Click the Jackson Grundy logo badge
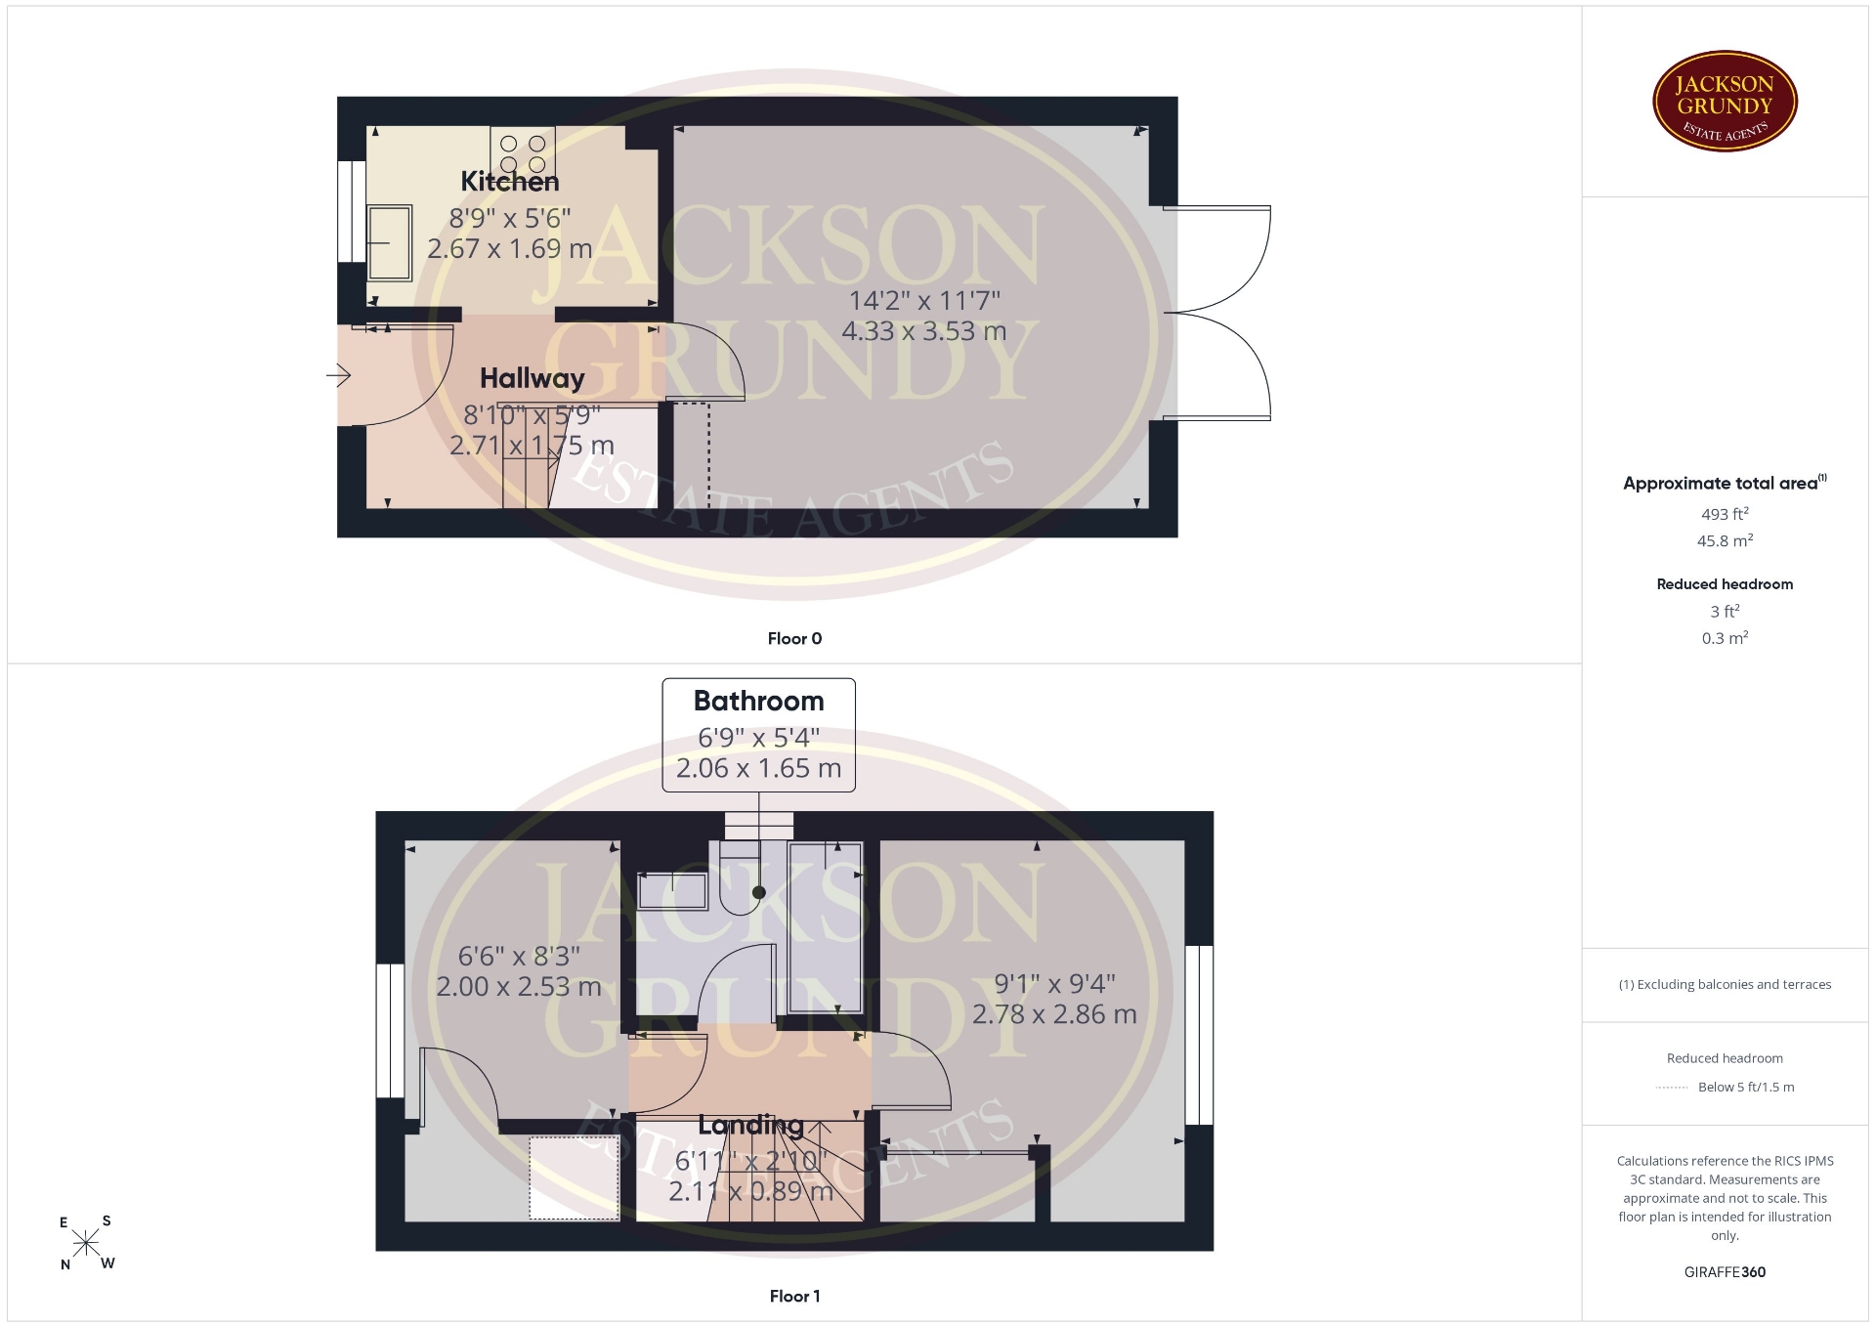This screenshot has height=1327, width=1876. click(1725, 102)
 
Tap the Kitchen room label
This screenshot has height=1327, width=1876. click(510, 182)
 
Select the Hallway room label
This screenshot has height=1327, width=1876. click(532, 378)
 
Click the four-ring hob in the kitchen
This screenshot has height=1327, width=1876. click(523, 152)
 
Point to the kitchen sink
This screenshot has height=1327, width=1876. click(390, 243)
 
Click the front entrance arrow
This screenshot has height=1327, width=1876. click(338, 374)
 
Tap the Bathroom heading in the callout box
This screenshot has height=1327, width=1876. click(759, 701)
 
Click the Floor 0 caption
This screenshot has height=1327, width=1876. click(794, 639)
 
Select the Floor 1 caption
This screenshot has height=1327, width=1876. click(794, 1297)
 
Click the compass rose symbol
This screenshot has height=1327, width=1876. click(86, 1243)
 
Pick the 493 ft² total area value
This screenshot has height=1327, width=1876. click(1725, 514)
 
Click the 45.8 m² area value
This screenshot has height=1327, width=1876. click(1725, 540)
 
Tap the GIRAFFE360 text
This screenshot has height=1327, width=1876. click(1725, 1272)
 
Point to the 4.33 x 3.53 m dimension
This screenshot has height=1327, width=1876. click(923, 331)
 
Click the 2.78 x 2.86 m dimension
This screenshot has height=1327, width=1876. click(1054, 1014)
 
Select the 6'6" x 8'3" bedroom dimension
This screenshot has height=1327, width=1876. click(519, 956)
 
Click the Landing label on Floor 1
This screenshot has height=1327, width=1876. click(750, 1126)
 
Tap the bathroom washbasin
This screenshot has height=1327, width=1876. click(672, 891)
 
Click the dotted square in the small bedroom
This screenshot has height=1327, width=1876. click(575, 1177)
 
